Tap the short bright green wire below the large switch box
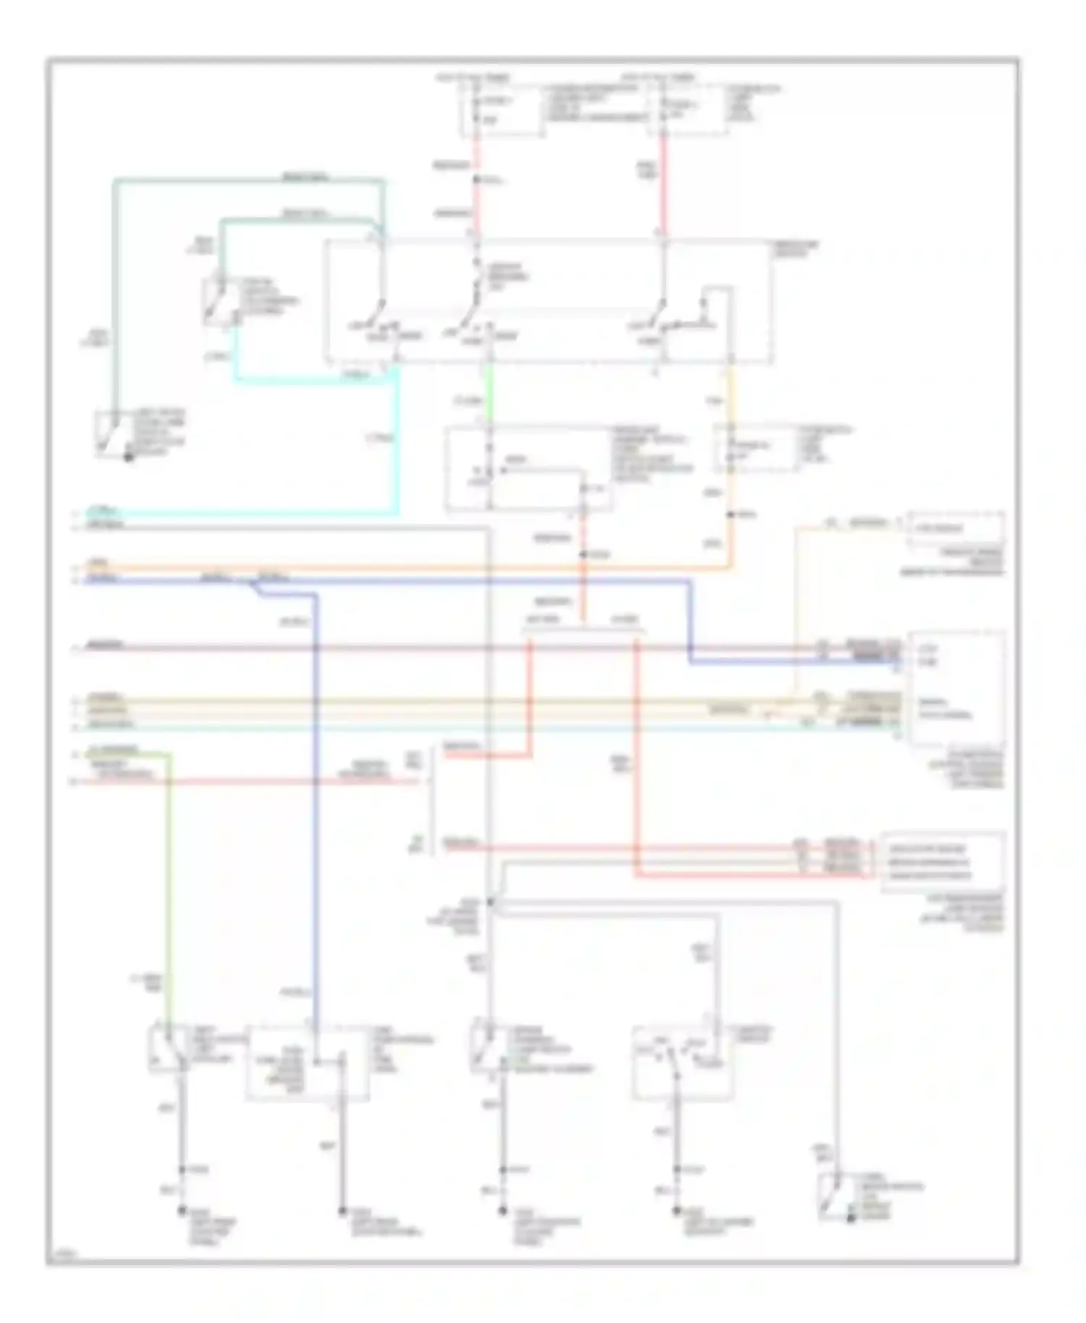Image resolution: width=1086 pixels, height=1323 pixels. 489,394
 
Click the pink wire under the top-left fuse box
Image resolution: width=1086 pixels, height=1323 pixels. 476,203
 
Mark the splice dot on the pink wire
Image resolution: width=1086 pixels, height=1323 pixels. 476,179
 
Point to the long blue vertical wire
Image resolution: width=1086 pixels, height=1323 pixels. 316,796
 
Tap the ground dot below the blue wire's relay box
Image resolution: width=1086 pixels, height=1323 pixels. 342,1211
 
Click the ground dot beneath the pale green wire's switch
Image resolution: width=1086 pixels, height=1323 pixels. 182,1211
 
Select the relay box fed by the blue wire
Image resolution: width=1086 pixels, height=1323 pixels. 307,1062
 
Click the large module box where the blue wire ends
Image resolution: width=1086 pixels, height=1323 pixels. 956,688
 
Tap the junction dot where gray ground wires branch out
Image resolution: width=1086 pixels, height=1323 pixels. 490,902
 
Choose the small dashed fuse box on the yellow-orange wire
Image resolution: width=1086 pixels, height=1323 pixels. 757,449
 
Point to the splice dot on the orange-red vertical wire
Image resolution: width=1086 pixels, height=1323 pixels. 583,554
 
